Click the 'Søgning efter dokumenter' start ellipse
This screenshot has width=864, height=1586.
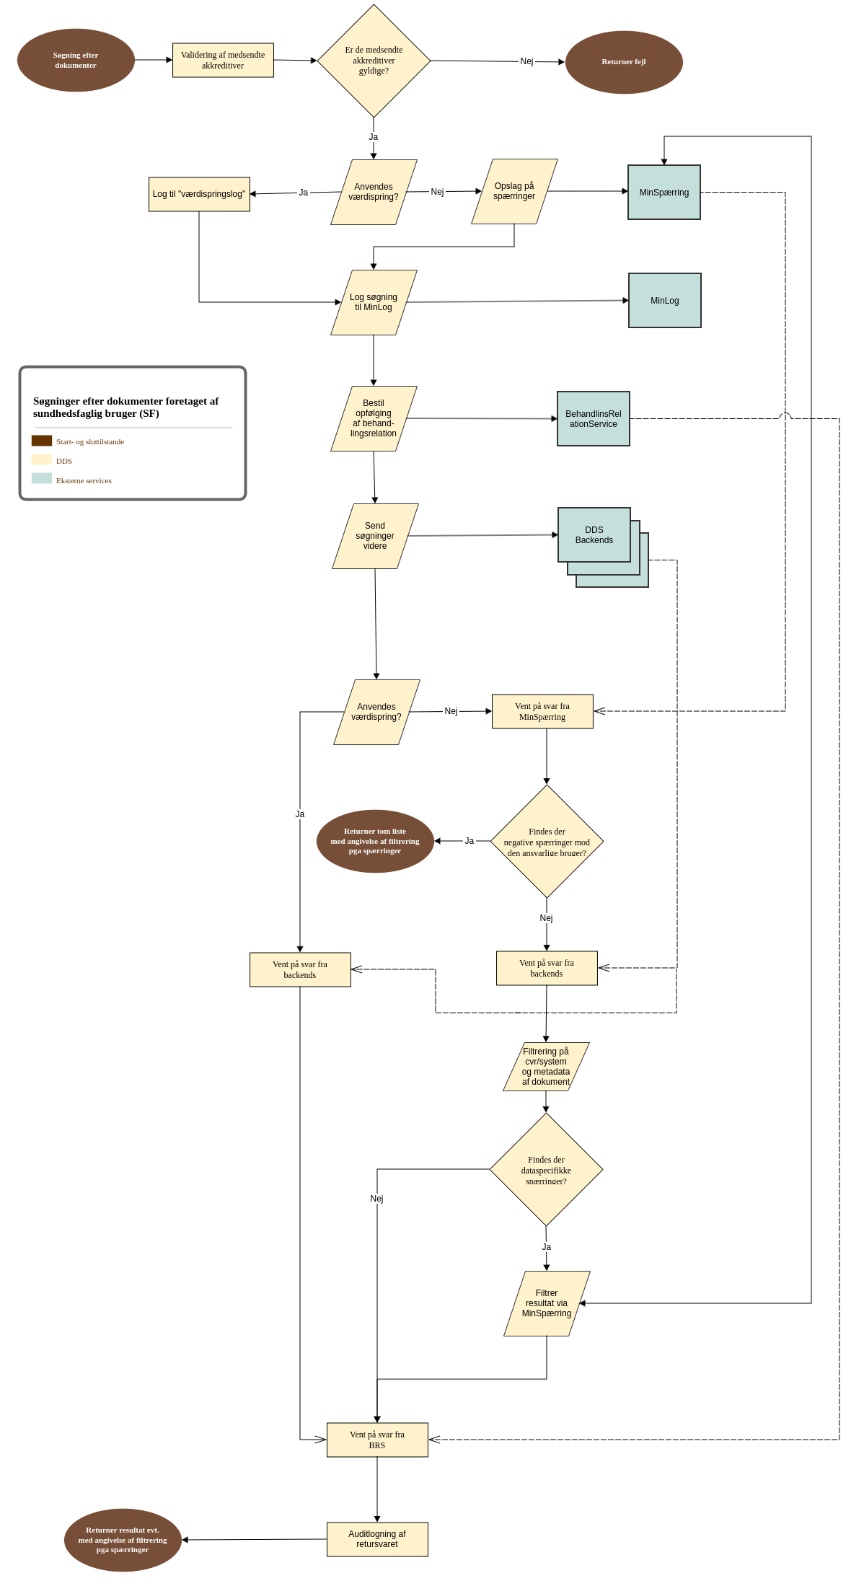(x=76, y=60)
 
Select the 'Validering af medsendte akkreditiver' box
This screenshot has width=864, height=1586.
(x=223, y=60)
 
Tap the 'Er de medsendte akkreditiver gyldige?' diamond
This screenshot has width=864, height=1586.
(x=374, y=61)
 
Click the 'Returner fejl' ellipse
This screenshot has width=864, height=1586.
(x=624, y=62)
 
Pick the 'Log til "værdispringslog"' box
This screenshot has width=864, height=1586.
(x=199, y=194)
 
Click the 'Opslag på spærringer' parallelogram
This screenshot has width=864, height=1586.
(x=514, y=191)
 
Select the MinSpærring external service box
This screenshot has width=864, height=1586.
(x=664, y=193)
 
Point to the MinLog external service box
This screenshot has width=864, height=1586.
(x=664, y=301)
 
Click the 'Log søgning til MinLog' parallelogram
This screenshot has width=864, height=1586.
(x=374, y=302)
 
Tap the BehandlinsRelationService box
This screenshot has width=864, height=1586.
(x=593, y=419)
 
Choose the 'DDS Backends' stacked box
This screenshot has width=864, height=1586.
(x=594, y=535)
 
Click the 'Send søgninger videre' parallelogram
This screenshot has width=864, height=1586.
(x=375, y=536)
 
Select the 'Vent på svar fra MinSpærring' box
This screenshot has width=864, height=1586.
(x=542, y=711)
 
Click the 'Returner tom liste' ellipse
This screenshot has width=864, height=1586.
(x=375, y=841)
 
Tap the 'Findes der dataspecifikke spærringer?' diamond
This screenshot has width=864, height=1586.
(x=546, y=1170)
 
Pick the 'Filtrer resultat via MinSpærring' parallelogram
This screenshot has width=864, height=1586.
(x=547, y=1303)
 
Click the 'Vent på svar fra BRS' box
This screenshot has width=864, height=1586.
(x=377, y=1440)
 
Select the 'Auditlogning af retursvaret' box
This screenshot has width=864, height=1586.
(x=377, y=1539)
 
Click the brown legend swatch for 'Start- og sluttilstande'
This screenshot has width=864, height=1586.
(x=42, y=441)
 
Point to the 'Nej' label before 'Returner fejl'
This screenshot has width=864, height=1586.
(x=526, y=61)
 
